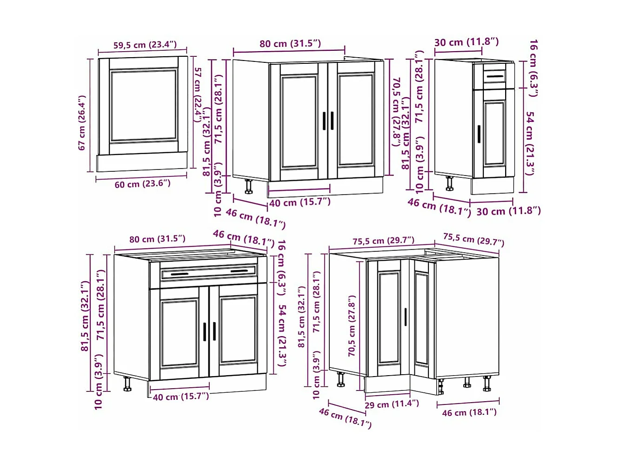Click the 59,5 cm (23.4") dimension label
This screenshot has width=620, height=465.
coord(145,45)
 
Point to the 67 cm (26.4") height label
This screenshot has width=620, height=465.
coord(82,123)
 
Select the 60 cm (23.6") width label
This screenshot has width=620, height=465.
coord(142,184)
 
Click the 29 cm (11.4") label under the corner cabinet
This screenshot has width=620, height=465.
coord(392,404)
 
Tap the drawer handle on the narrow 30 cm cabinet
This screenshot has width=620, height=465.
coord(495,76)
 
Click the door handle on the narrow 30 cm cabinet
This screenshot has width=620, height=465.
coord(479,134)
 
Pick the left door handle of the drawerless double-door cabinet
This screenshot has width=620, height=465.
coord(325,121)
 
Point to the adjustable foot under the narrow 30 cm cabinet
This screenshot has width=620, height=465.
coord(449,183)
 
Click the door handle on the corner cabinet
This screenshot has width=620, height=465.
coord(405,317)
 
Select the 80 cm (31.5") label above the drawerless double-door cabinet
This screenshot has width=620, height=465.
coord(290,44)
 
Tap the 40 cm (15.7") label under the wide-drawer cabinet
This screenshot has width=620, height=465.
coord(181,397)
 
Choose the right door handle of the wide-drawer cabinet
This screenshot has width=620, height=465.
coord(214,331)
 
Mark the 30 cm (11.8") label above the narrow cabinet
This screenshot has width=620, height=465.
coord(467,42)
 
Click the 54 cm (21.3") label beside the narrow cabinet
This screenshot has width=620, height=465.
coord(530,143)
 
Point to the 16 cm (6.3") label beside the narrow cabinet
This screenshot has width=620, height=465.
coord(534,68)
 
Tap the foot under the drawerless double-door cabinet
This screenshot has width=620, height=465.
coord(249,186)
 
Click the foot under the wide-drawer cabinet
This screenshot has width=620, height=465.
coord(127,384)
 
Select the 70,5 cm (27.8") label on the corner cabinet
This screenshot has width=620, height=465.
coord(352,326)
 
